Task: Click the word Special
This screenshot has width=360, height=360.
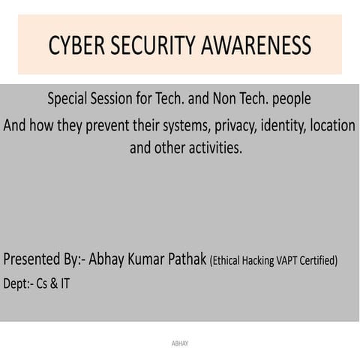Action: click(70, 99)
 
